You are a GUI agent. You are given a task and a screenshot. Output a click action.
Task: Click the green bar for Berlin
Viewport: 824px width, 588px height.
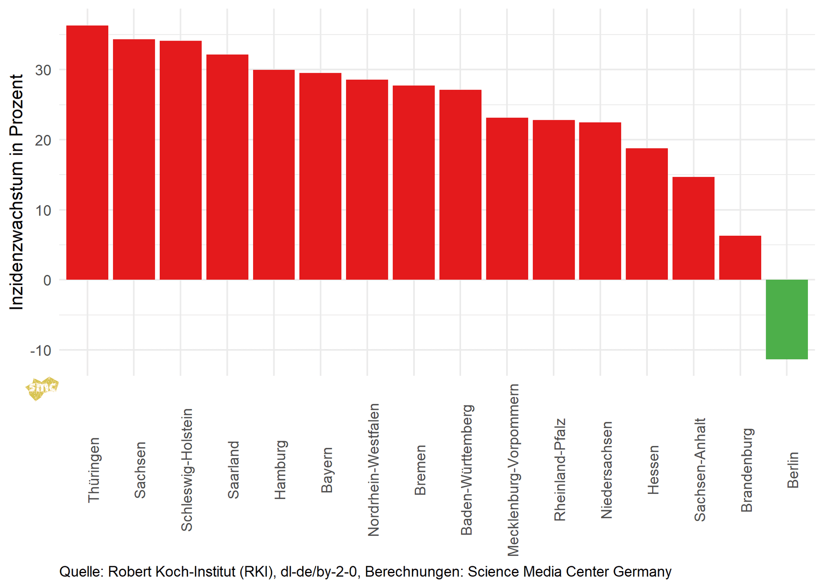click(x=787, y=319)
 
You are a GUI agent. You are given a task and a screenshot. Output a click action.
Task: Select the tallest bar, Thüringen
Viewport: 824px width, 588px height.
click(x=87, y=153)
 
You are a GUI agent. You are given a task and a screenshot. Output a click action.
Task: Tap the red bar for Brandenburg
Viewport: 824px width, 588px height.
click(x=740, y=258)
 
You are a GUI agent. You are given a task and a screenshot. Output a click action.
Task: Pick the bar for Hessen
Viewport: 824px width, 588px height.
click(x=647, y=214)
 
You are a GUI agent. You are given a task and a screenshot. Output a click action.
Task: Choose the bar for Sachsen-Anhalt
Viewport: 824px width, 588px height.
click(x=693, y=228)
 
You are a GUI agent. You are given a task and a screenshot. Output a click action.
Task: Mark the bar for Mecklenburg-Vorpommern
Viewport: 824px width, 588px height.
click(x=507, y=199)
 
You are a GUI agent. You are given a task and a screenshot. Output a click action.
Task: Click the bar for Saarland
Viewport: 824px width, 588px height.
click(x=227, y=167)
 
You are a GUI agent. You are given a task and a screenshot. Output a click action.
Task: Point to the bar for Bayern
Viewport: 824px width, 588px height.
click(x=320, y=177)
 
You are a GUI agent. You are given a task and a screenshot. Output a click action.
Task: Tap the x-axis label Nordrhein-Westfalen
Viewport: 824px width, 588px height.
click(x=374, y=470)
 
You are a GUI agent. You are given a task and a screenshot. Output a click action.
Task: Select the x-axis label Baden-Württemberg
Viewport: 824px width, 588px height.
click(x=467, y=470)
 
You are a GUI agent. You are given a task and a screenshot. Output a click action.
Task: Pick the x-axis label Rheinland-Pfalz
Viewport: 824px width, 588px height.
click(x=560, y=470)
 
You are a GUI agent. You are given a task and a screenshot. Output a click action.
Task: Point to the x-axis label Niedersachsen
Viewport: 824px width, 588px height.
click(x=607, y=470)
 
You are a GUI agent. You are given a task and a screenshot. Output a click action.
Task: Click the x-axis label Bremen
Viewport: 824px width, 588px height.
click(x=420, y=470)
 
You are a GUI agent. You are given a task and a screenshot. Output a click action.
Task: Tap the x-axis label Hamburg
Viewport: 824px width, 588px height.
click(x=280, y=470)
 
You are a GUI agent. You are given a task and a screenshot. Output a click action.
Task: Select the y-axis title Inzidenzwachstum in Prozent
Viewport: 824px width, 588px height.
click(x=16, y=192)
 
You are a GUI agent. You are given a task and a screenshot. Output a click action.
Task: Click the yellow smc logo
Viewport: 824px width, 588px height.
click(x=42, y=388)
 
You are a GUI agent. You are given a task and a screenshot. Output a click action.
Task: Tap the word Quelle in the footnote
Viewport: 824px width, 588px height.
click(x=81, y=572)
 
